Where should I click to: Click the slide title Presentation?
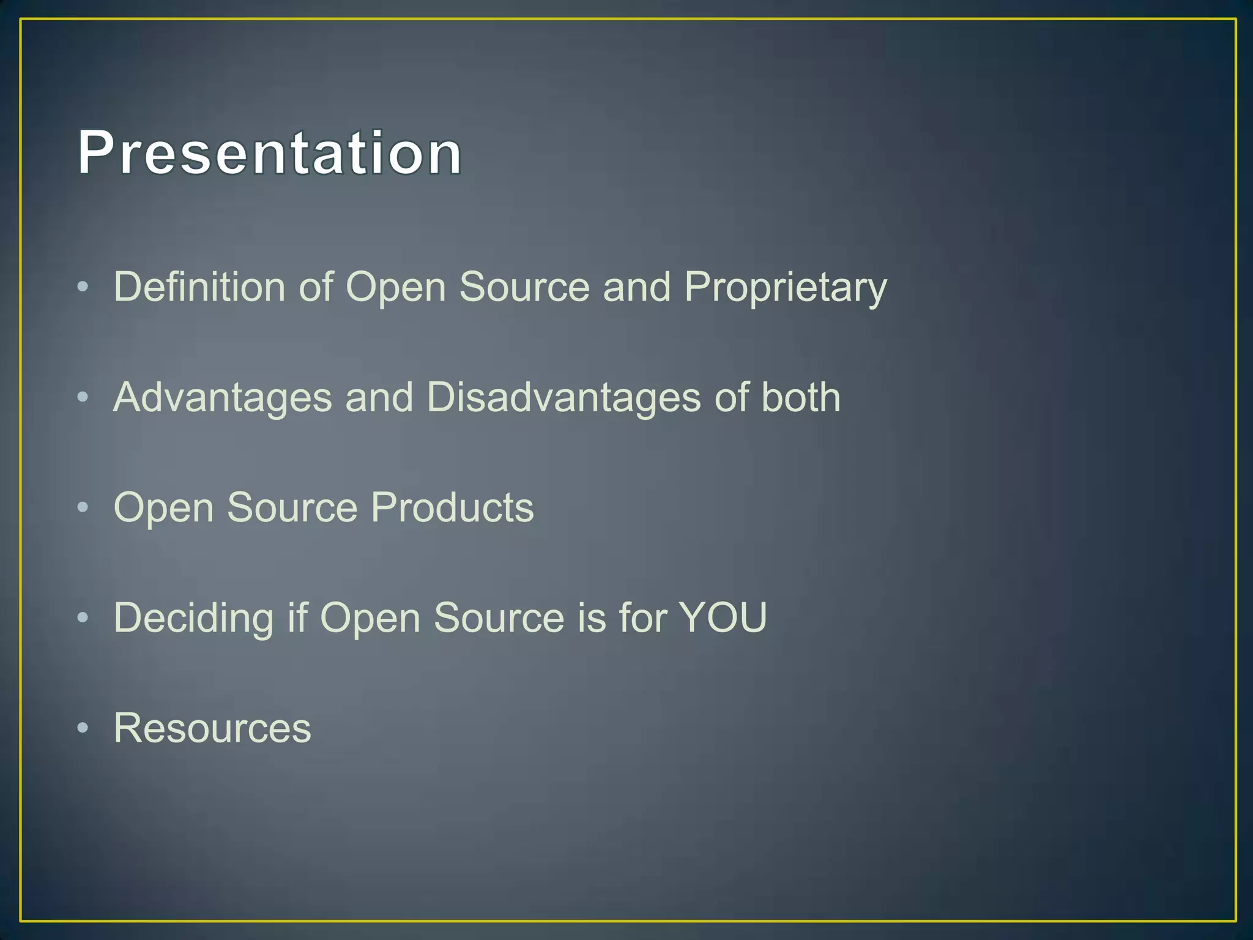pos(269,153)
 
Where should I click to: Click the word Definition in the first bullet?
pos(199,286)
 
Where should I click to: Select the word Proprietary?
pos(785,288)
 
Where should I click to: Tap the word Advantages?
pos(223,398)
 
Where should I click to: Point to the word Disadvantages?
pos(563,398)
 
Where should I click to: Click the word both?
pos(800,397)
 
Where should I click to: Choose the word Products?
pos(452,507)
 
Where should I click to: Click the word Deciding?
pos(193,618)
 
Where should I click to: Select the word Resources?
pos(212,728)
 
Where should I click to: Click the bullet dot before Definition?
pos(83,286)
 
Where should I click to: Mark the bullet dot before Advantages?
pos(83,397)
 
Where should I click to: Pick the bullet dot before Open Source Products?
pos(83,507)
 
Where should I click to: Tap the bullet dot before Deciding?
pos(83,617)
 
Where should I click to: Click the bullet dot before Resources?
pos(83,728)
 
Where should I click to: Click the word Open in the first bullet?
pos(396,288)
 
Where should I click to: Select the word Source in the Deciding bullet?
pos(499,617)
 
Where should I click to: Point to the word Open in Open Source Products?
pos(164,509)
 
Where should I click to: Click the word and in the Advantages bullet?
pos(379,398)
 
